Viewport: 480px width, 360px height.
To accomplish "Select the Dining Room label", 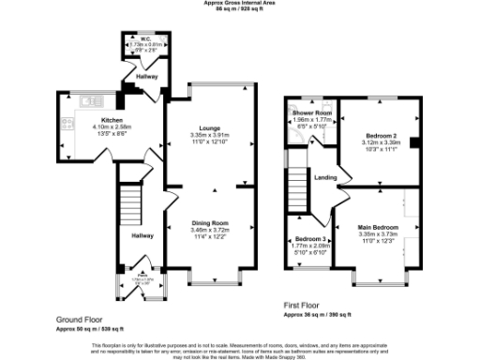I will tap(209, 222).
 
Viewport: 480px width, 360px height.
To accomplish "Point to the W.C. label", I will tap(146, 39).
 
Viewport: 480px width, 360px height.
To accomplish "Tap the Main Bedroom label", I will tap(378, 228).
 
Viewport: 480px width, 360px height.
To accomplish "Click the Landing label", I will tap(325, 177).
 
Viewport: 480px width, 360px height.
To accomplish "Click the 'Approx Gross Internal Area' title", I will tap(240, 3).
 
